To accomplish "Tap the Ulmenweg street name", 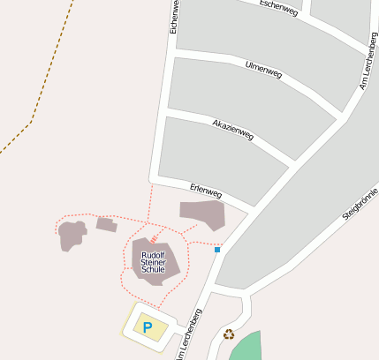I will (x=263, y=69).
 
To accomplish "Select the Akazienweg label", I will (x=233, y=130).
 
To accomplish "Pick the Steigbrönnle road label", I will (x=360, y=204).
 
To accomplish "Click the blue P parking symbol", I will (x=148, y=327).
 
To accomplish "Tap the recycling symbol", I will (x=229, y=334).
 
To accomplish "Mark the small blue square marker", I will (x=216, y=250).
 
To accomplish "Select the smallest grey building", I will (x=106, y=224).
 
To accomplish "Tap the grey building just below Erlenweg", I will (x=202, y=214).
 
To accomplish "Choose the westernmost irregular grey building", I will (x=72, y=235).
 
